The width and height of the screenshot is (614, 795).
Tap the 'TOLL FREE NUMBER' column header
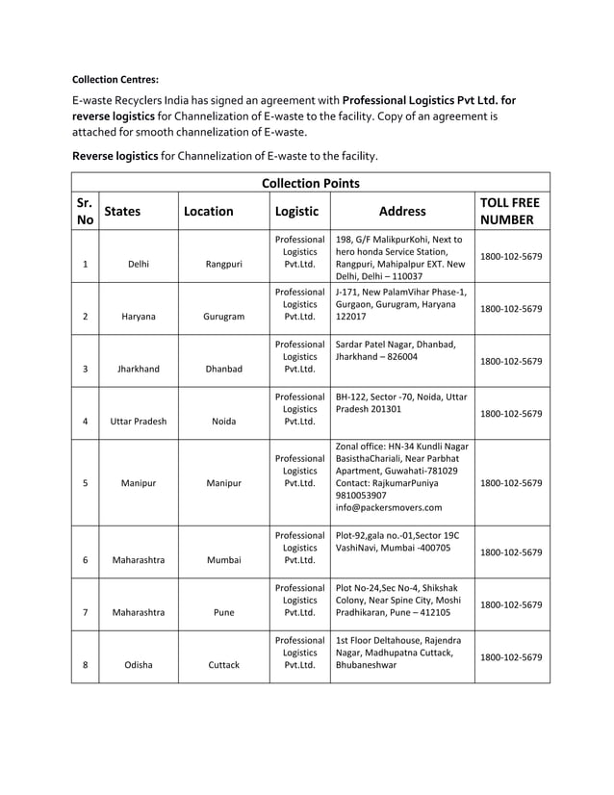tap(510, 211)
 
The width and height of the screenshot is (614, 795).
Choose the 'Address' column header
tap(402, 211)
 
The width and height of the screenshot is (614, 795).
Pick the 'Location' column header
tap(208, 211)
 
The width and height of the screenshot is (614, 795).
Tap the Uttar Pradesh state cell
tap(138, 422)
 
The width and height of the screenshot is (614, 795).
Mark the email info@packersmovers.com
tap(389, 507)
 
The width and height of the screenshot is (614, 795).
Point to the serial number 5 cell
tap(86, 483)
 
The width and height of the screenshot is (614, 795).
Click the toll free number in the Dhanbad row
tap(511, 361)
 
